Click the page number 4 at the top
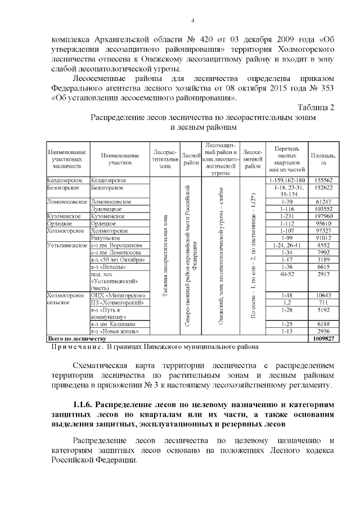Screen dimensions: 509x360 click(x=192, y=21)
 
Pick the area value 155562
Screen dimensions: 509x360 click(x=325, y=180)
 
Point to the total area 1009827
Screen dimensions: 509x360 click(x=323, y=339)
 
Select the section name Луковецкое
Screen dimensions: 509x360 click(x=107, y=209)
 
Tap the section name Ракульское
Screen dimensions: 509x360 click(x=106, y=238)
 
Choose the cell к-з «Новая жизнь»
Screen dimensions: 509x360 click(x=114, y=332)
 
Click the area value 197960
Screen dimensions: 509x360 click(x=325, y=216)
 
